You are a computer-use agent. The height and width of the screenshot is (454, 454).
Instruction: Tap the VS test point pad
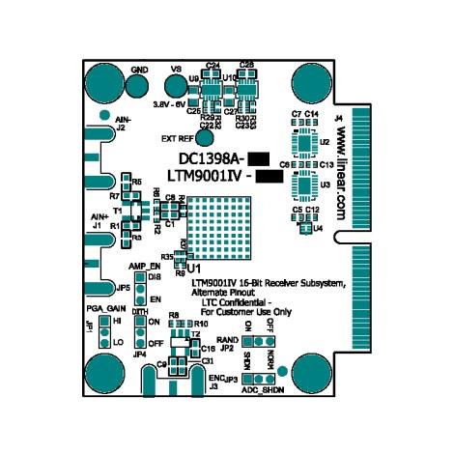(176, 87)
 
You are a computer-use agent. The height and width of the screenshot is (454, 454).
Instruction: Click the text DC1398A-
(212, 158)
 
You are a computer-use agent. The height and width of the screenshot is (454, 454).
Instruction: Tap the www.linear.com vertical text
(341, 169)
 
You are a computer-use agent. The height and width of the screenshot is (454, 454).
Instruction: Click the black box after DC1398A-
(259, 158)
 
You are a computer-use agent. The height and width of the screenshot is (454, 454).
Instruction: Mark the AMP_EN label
(144, 264)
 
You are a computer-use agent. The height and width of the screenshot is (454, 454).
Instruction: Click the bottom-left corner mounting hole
(102, 372)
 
